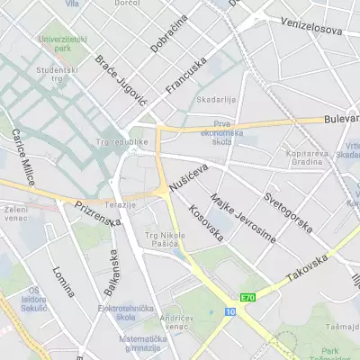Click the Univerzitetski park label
(60, 42)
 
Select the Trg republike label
(121, 141)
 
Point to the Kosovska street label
(206, 223)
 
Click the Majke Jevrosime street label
(242, 216)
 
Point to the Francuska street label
(186, 76)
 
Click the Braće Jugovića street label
(120, 80)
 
